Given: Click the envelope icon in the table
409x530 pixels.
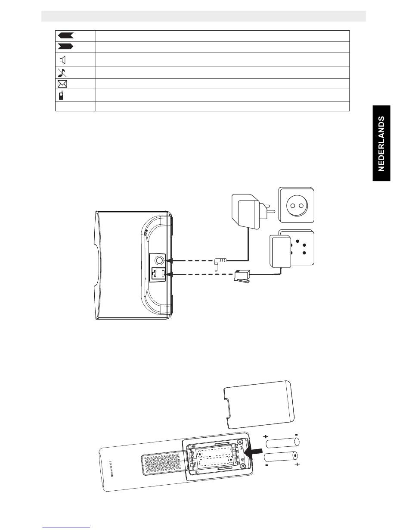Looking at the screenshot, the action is (62, 84).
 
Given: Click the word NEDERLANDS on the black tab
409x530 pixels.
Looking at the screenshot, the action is (381, 144).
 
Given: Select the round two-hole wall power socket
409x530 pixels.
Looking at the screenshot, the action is (296, 205).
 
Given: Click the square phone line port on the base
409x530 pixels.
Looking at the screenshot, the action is (159, 273).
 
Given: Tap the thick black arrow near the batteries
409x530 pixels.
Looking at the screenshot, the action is (254, 452).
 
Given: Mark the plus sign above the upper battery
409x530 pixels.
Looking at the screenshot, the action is (266, 436).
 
